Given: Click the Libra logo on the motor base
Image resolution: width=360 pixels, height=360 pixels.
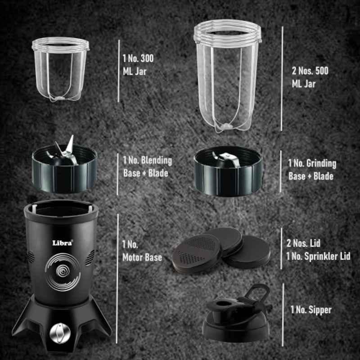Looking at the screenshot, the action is pos(63,243).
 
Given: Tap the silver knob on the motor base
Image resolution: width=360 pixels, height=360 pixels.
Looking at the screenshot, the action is pos(60,333).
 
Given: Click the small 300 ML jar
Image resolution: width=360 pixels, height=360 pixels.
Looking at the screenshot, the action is pos(61,69).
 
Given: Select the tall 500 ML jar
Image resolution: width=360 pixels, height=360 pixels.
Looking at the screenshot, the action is pos(227,76).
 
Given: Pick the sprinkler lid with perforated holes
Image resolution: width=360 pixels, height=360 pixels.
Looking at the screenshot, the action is pos(197,252).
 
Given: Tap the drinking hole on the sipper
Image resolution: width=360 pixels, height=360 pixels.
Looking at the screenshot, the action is pos(222,304).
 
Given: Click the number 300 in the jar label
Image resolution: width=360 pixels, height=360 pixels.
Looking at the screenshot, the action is pos(147,58).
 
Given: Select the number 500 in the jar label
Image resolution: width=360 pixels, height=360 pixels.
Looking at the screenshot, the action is pos(322,71).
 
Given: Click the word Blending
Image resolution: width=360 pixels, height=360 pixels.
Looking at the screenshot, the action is pos(156,161).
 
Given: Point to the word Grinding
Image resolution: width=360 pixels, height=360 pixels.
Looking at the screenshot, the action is pos(321,164).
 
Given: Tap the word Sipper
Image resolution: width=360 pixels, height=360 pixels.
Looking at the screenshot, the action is pos(320,310).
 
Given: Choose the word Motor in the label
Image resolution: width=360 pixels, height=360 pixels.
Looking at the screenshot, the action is pos(132,257).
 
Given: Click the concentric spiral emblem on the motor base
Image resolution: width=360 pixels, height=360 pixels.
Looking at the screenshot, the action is pos(63,272).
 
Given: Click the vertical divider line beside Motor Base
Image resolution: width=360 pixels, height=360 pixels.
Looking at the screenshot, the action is pos(117,279).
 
